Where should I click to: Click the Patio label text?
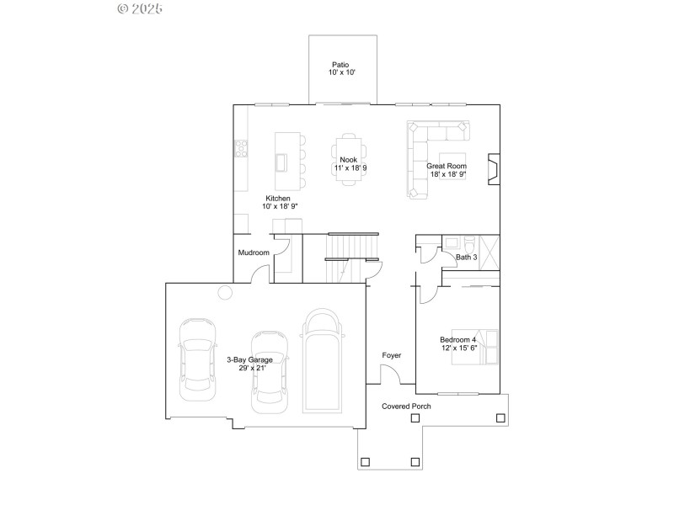[x=340, y=64]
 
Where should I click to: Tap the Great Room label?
[x=447, y=166]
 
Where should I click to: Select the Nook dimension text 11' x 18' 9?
[x=350, y=168]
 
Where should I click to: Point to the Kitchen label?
[x=277, y=199]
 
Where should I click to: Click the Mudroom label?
[x=253, y=252]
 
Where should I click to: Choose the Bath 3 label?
[x=467, y=257]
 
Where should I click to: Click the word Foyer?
[x=391, y=355]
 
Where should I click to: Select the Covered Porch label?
[x=406, y=406]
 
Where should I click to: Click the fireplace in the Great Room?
[x=495, y=168]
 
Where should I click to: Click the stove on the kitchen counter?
[x=241, y=149]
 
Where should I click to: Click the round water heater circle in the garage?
[x=225, y=292]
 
